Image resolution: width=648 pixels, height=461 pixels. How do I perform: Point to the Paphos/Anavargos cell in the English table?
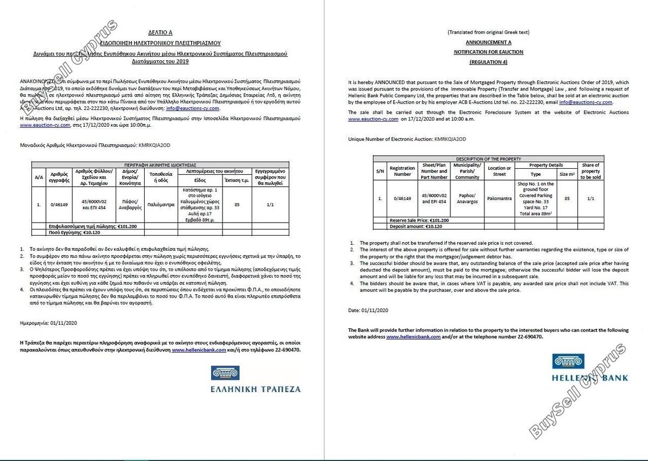click(x=467, y=198)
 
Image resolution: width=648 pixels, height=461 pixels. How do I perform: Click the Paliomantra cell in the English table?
click(x=499, y=198)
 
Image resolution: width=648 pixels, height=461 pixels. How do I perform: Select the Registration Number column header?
click(x=402, y=171)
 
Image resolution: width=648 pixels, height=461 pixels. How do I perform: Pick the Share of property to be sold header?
click(x=590, y=171)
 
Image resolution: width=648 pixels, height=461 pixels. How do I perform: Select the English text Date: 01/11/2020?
click(x=368, y=310)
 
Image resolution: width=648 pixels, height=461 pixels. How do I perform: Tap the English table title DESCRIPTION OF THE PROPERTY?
click(x=488, y=159)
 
